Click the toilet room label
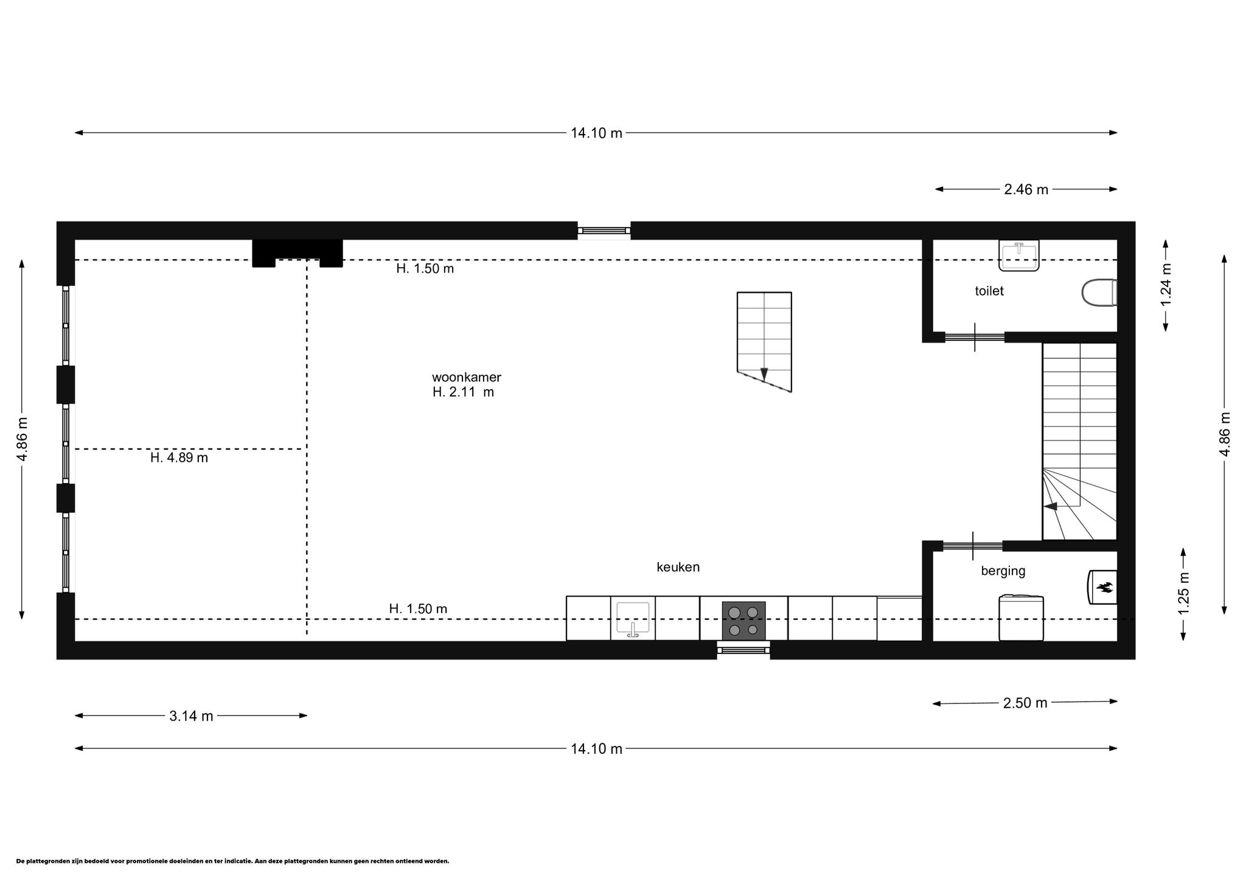(x=989, y=291)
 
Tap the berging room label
(x=1003, y=571)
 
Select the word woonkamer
(x=467, y=377)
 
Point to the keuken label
(x=678, y=567)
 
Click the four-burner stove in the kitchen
(x=743, y=621)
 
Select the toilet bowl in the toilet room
(x=1099, y=293)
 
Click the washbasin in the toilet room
(x=1018, y=255)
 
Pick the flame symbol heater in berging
(x=1102, y=587)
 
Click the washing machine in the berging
(x=1021, y=618)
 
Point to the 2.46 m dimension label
(x=1026, y=189)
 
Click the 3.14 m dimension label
(x=191, y=716)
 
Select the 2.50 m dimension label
(x=1025, y=703)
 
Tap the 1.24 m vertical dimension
(x=1166, y=285)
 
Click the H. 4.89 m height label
(x=179, y=458)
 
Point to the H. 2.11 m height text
(x=463, y=392)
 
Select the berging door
(x=973, y=546)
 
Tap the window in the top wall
(x=604, y=231)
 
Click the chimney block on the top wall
(x=298, y=252)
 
